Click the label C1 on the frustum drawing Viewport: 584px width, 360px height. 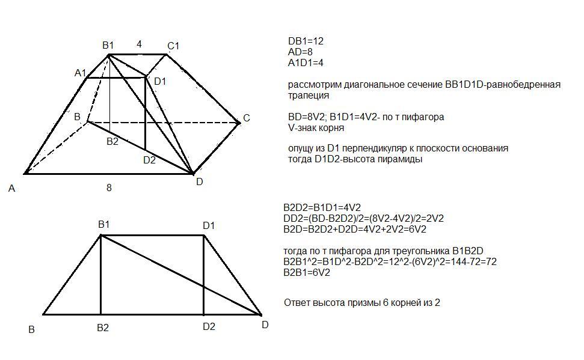[x=174, y=46]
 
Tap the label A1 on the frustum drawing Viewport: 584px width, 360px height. [x=80, y=73]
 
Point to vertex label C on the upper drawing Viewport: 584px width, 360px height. [x=246, y=118]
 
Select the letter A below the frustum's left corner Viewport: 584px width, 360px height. [x=11, y=189]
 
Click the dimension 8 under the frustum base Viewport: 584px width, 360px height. [x=109, y=188]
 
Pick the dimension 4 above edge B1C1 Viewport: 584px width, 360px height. [x=139, y=44]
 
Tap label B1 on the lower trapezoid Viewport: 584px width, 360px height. [x=104, y=225]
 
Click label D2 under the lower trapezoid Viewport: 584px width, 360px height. [x=209, y=327]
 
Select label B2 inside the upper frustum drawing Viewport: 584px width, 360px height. [x=112, y=142]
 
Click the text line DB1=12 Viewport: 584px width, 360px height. [x=306, y=41]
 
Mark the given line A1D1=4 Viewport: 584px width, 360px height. [x=306, y=63]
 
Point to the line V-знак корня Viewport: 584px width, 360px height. [x=316, y=127]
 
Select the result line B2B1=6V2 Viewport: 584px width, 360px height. [x=307, y=272]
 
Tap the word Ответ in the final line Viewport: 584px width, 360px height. [x=297, y=303]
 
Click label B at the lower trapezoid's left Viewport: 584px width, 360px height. [x=32, y=329]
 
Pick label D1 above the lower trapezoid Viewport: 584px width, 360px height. [x=209, y=225]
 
